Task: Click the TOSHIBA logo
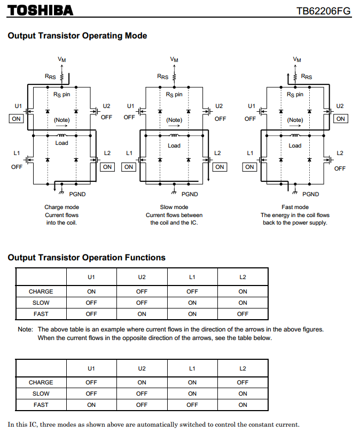[x=41, y=10]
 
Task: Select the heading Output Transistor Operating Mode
[x=77, y=36]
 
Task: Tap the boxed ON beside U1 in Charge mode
[x=17, y=118]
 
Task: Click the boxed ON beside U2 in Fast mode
[x=340, y=119]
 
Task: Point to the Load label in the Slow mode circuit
[x=174, y=145]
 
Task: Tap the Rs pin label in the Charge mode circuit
[x=62, y=94]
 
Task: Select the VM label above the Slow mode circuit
[x=174, y=59]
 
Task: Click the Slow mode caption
[x=174, y=207]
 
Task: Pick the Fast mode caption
[x=295, y=207]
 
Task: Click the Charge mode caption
[x=62, y=207]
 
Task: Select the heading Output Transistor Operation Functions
[x=87, y=258]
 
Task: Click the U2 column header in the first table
[x=142, y=277]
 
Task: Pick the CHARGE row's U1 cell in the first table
[x=91, y=291]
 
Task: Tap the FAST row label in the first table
[x=41, y=314]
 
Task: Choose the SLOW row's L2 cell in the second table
[x=242, y=394]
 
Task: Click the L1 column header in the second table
[x=192, y=368]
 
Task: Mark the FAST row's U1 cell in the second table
[x=91, y=405]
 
